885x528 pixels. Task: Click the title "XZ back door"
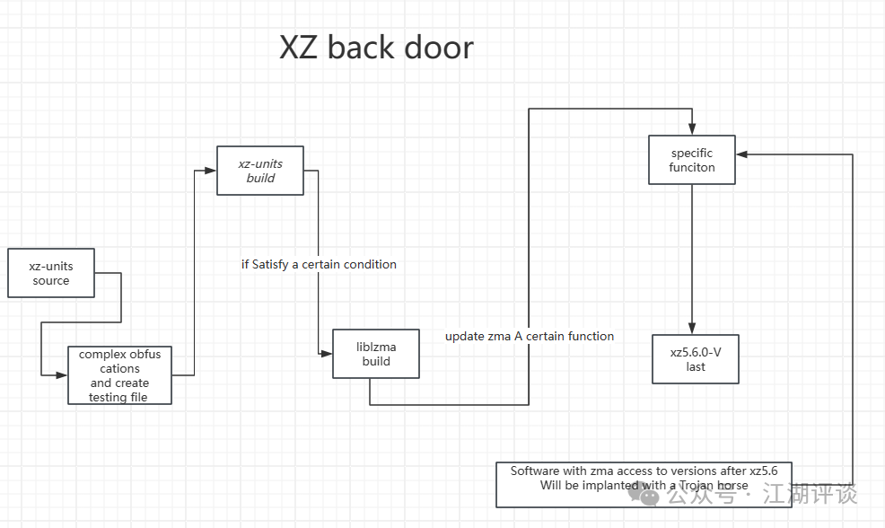(376, 48)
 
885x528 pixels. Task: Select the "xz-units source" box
(50, 273)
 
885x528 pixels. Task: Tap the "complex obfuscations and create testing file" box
(119, 375)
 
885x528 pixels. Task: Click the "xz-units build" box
(260, 171)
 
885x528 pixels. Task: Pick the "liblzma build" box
(376, 354)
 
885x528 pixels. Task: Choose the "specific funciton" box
(692, 160)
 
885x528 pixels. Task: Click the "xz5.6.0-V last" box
(695, 359)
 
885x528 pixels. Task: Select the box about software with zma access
(644, 484)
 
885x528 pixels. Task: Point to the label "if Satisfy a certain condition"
(319, 264)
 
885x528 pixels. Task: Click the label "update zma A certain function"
(530, 336)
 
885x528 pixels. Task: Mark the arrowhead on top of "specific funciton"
(692, 131)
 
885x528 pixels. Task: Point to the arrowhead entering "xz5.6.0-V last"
(692, 329)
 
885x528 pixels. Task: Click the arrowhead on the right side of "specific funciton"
(743, 154)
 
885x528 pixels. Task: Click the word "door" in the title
(439, 48)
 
